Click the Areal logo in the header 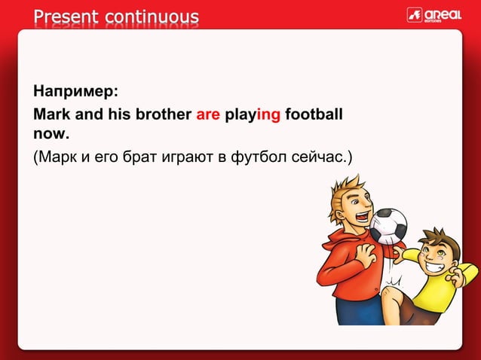click(x=434, y=15)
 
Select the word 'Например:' click(x=75, y=93)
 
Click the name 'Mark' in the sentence click(x=50, y=116)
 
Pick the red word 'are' click(x=208, y=116)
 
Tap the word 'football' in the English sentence click(x=314, y=116)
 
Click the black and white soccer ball click(x=388, y=225)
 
